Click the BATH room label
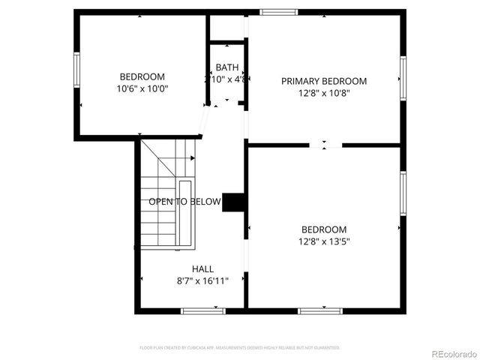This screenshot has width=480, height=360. [x=227, y=67]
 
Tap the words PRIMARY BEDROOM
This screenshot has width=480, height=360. [x=324, y=81]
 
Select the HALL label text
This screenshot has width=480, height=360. [x=202, y=268]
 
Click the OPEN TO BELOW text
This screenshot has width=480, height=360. [x=184, y=202]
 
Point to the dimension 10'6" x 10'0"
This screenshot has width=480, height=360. [x=142, y=88]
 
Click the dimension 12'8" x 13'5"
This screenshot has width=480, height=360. [x=324, y=241]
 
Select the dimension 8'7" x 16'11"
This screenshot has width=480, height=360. [x=202, y=280]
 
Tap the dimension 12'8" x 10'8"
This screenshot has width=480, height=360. [x=324, y=93]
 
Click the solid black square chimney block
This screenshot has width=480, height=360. [x=234, y=202]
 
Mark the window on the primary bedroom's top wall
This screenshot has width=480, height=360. [x=278, y=12]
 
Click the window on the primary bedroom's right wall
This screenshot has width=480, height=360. [x=403, y=78]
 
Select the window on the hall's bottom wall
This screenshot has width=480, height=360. [x=202, y=310]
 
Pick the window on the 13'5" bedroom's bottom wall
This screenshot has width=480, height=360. [x=320, y=310]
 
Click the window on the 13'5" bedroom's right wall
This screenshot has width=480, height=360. [x=403, y=193]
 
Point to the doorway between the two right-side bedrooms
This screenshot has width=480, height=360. [x=325, y=145]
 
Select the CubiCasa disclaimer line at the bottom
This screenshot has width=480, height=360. [x=240, y=348]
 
